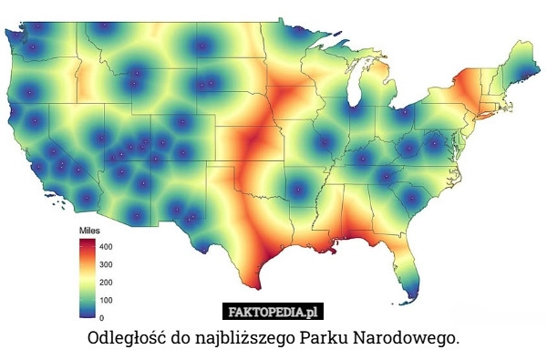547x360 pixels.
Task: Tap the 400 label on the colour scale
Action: [106, 247]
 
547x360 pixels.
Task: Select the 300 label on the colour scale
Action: [106, 264]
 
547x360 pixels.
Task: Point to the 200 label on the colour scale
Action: [106, 282]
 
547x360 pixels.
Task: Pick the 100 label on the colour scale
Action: [106, 299]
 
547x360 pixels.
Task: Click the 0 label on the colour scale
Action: [100, 316]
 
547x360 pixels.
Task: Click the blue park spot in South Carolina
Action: [412, 197]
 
